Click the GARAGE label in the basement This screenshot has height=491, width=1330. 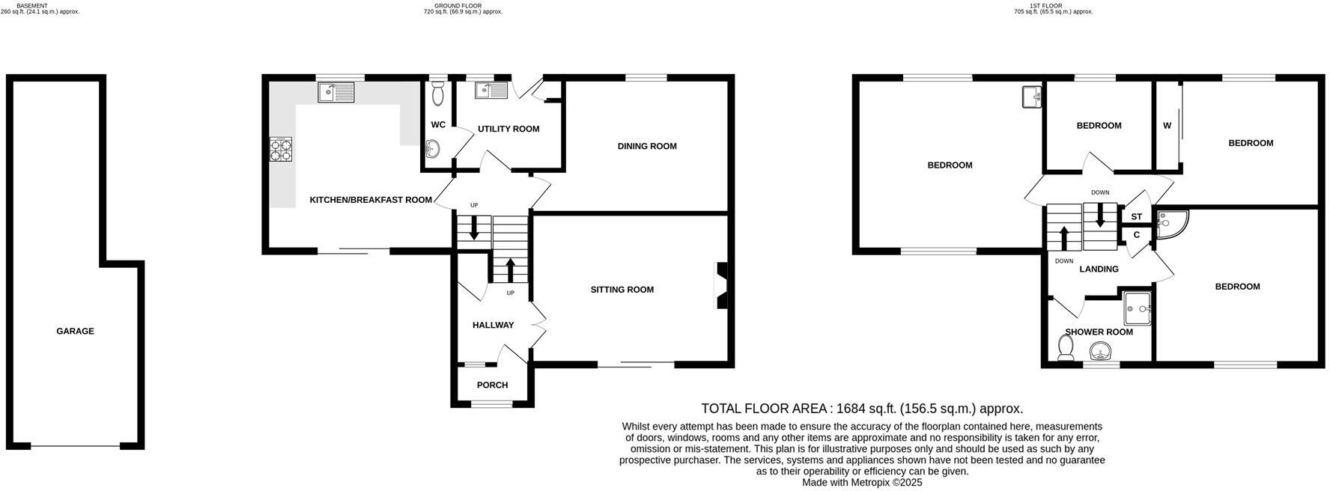(x=75, y=331)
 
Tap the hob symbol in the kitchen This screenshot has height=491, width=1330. (x=281, y=150)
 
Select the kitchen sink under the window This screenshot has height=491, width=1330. (x=335, y=93)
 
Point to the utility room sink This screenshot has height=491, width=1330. (x=492, y=91)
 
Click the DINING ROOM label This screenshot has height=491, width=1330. (x=647, y=146)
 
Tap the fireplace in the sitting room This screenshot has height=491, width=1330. (x=722, y=284)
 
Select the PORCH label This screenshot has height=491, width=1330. (x=492, y=385)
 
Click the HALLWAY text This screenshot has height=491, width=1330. (x=493, y=325)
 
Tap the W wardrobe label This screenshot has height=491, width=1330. (x=1167, y=126)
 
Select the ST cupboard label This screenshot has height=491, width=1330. (x=1136, y=216)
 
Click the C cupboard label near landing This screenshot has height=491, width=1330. (x=1136, y=234)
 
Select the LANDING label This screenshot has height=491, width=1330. (x=1099, y=269)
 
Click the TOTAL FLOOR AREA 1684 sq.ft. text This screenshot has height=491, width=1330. (x=862, y=409)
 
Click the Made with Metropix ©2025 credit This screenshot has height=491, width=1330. (x=862, y=483)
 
